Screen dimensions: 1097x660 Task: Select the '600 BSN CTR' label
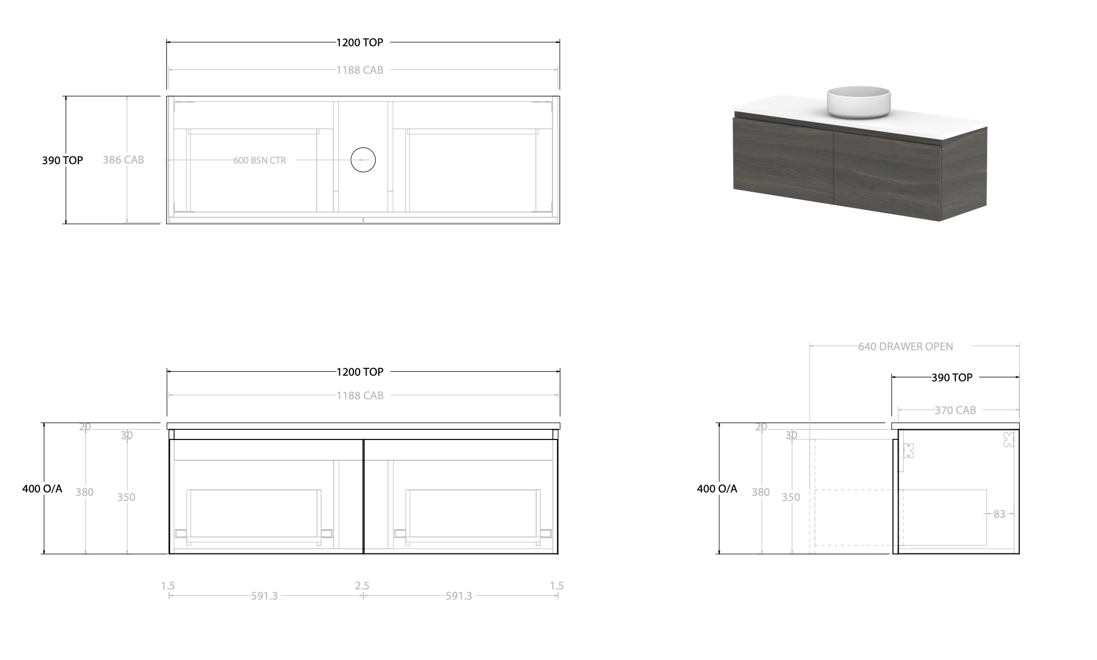[x=259, y=160]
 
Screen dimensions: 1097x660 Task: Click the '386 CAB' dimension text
[x=123, y=160]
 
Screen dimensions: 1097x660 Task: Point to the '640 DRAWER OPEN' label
[x=905, y=346]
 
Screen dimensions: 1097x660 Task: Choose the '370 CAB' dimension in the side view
[x=955, y=410]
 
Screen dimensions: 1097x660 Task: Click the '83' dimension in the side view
[x=999, y=514]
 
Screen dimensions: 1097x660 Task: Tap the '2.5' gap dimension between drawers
[x=362, y=586]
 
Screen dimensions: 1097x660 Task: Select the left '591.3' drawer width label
[x=264, y=596]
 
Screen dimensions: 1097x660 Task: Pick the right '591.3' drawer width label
[x=459, y=596]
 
